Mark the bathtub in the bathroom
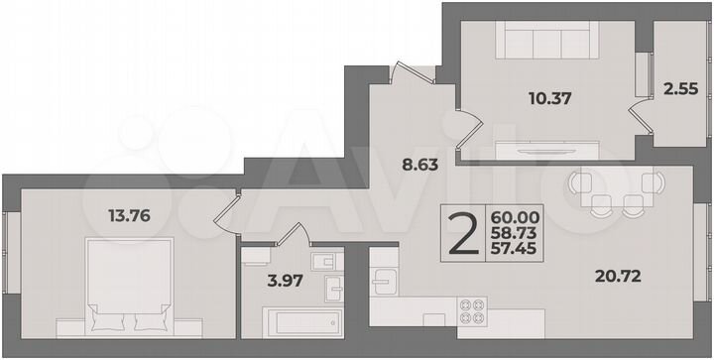tap(301, 323)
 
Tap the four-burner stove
tap(473, 311)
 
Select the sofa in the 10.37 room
tap(541, 43)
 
